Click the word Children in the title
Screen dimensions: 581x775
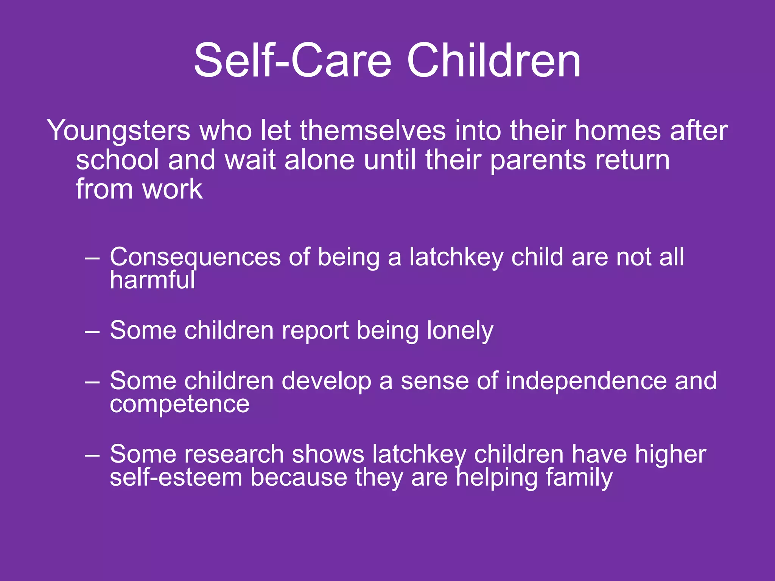pyautogui.click(x=493, y=61)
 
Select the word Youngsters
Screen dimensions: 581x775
pyautogui.click(x=118, y=131)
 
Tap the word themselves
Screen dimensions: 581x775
pyautogui.click(x=373, y=131)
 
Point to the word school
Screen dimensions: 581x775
pyautogui.click(x=117, y=160)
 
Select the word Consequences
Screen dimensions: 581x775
pyautogui.click(x=195, y=257)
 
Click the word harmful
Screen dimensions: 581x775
pyautogui.click(x=153, y=280)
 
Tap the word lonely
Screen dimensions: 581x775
pyautogui.click(x=460, y=331)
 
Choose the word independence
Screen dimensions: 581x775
pyautogui.click(x=586, y=381)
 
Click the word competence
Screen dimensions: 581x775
pyautogui.click(x=179, y=404)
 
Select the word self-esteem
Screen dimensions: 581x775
pyautogui.click(x=176, y=477)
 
